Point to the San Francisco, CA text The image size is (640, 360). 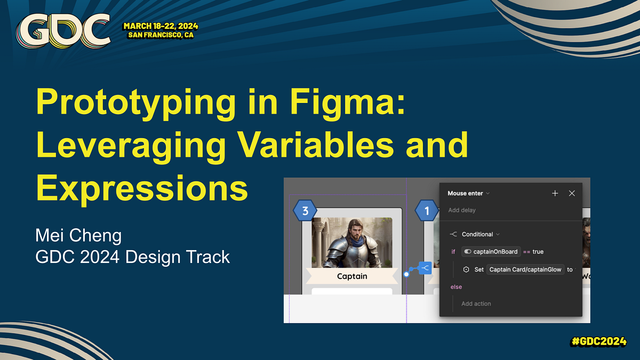tap(162, 35)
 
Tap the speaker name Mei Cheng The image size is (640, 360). tap(78, 235)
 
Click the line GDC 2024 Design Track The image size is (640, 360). tap(132, 257)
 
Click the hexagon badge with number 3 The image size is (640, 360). tap(305, 211)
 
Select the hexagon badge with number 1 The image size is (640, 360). tap(427, 211)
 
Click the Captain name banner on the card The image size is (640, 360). tap(352, 276)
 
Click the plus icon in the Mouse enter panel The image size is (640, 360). tap(555, 193)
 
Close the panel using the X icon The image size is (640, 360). tap(572, 193)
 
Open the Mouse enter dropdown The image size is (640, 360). tap(469, 193)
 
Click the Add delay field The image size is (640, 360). tap(462, 210)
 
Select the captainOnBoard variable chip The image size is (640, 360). tap(491, 252)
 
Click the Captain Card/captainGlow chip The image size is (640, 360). tap(525, 269)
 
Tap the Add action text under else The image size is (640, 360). tap(476, 303)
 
